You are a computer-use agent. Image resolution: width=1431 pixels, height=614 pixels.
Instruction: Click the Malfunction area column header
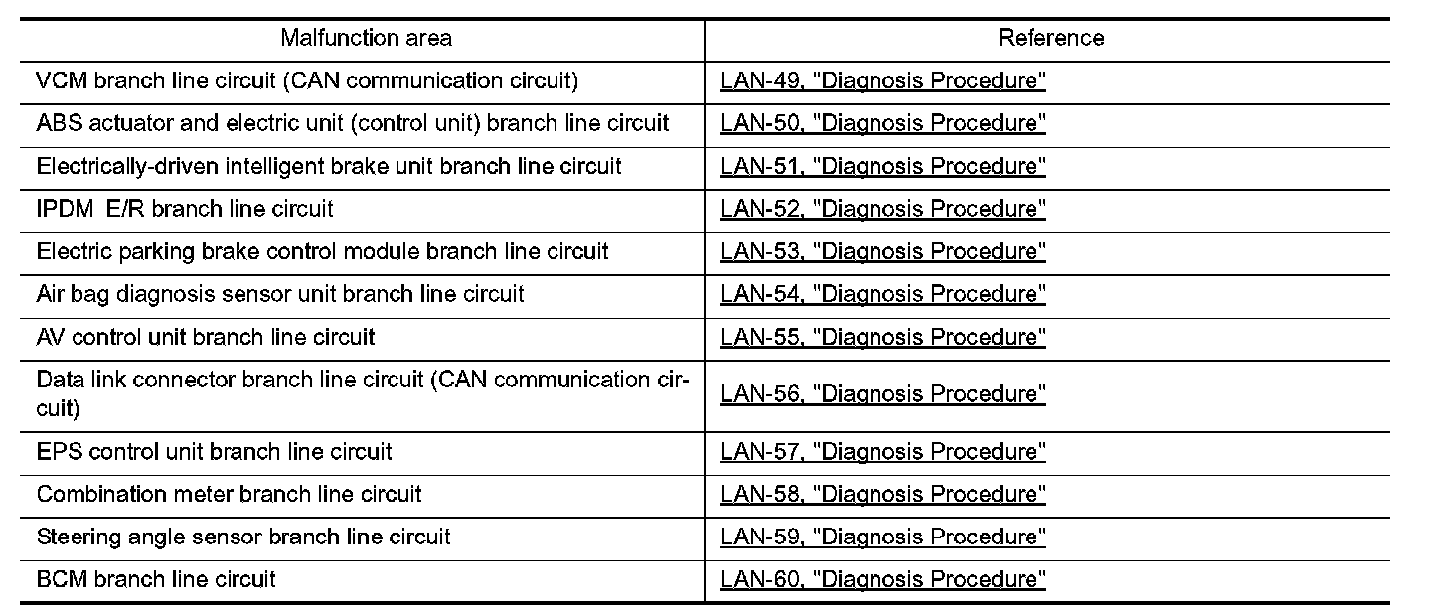[x=366, y=38]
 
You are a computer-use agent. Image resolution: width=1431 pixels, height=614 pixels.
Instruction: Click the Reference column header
[x=1050, y=38]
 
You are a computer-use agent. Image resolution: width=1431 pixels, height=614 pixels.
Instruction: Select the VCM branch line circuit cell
[x=307, y=80]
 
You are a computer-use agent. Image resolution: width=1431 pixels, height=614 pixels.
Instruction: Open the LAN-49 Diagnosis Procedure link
[x=883, y=81]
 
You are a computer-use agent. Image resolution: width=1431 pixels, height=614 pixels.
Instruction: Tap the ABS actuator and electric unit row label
[x=353, y=123]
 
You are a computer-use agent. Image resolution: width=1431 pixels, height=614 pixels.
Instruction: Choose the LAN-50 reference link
[x=883, y=124]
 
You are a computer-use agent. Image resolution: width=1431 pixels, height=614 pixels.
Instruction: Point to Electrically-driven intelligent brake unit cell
[x=329, y=166]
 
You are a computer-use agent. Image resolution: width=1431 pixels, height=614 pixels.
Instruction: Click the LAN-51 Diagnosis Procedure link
[x=883, y=167]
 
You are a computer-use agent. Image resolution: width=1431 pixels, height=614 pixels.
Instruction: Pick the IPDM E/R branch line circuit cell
[x=185, y=209]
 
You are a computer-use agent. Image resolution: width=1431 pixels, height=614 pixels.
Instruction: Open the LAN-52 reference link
[x=883, y=210]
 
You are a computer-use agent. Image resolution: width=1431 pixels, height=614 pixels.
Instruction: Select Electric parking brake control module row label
[x=322, y=251]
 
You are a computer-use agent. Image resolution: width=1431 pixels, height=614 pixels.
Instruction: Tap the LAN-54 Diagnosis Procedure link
[x=883, y=295]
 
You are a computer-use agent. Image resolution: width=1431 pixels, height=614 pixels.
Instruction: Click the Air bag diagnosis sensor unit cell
[x=280, y=294]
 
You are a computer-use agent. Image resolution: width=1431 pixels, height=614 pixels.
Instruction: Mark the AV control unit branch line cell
[x=206, y=337]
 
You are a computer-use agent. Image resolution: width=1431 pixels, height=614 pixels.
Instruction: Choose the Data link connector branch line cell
[x=363, y=392]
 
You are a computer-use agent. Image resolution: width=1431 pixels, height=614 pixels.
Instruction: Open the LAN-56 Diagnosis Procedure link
[x=883, y=394]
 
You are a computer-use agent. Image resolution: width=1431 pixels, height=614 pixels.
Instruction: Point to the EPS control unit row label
[x=214, y=452]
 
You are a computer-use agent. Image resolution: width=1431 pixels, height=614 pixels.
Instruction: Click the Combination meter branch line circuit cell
[x=229, y=494]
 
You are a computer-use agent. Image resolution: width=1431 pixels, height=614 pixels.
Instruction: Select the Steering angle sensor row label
[x=243, y=537]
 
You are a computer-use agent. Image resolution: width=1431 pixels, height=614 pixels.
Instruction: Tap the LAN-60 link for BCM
[x=883, y=580]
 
